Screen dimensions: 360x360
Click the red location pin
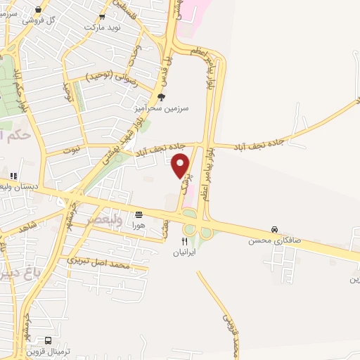click(x=181, y=165)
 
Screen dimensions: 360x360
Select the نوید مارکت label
click(x=103, y=27)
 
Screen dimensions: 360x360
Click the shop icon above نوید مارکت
click(x=103, y=16)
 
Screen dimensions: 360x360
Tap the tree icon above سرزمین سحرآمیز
click(x=161, y=98)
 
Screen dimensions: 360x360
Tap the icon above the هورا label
click(x=138, y=214)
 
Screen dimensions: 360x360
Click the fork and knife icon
click(x=184, y=240)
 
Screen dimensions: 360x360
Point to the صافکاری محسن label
click(x=274, y=240)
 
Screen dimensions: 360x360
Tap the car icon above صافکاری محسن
click(x=274, y=230)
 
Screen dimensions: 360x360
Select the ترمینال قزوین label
click(x=45, y=350)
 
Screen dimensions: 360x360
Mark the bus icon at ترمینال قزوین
click(x=47, y=340)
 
